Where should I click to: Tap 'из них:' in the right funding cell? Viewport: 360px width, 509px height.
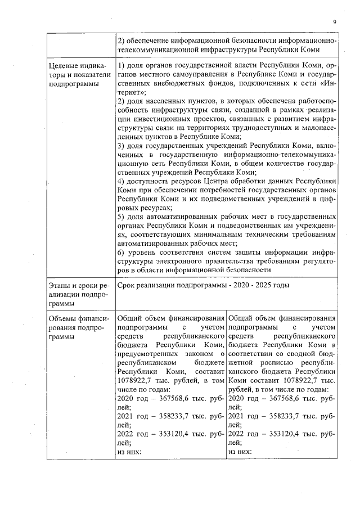[240, 452]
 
